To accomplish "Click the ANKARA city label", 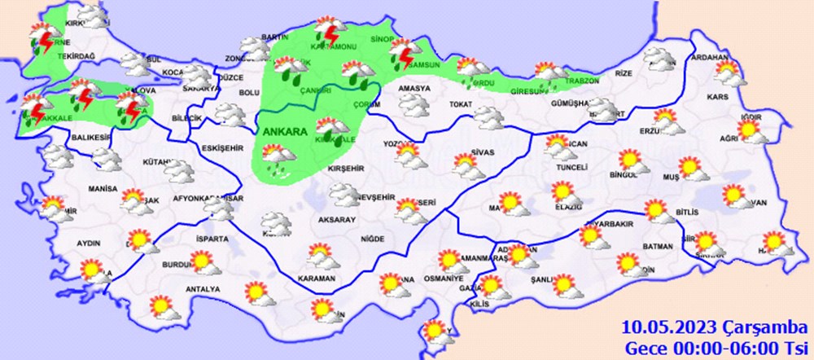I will (285, 131).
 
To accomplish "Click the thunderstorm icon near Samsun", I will (401, 55).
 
